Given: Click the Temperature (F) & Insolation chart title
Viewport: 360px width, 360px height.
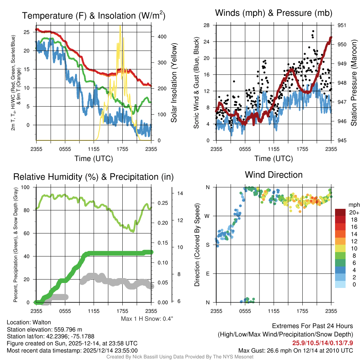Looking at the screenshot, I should [94, 15].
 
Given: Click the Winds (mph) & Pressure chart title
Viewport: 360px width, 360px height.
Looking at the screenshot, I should [274, 13].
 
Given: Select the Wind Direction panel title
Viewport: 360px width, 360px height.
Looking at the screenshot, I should [274, 174].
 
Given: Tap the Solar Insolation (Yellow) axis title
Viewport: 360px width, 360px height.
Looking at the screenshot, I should [174, 83].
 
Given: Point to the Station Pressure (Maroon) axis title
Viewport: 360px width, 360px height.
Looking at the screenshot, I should [354, 83].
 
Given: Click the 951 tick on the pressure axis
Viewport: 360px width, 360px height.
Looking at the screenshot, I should [342, 25].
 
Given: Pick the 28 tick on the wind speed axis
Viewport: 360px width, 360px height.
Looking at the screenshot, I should [206, 25].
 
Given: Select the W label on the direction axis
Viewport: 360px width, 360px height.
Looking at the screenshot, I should [207, 216].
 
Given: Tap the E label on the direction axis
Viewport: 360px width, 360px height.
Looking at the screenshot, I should [208, 274].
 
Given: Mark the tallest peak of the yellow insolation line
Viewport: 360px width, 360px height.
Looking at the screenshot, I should [120, 26].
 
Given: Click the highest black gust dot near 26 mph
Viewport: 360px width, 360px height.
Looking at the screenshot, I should [313, 31].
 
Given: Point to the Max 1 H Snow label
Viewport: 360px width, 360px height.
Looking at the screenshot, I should [147, 319].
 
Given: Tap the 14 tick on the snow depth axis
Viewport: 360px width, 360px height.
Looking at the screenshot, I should [179, 193].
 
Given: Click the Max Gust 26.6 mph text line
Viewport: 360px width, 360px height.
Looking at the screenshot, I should [295, 350].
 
